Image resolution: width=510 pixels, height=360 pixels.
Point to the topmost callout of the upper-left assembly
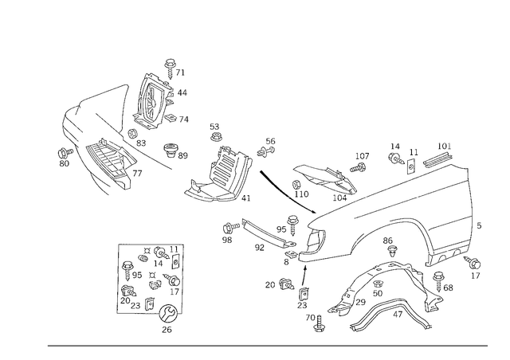pyautogui.click(x=169, y=61)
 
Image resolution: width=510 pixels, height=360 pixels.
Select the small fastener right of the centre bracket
pyautogui.click(x=268, y=147)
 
